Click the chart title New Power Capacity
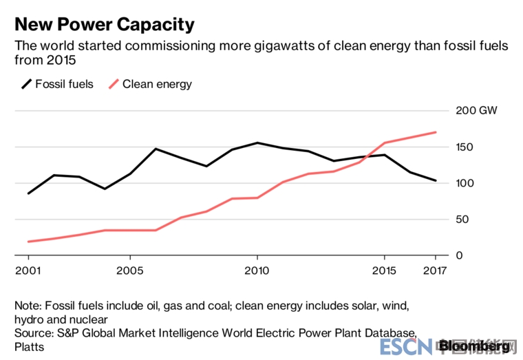[105, 25]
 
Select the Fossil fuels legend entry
[58, 84]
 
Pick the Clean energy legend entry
[150, 84]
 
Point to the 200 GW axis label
[476, 110]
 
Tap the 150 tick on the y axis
[465, 147]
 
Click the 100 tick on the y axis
[465, 183]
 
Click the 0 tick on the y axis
[459, 255]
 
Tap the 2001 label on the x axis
[28, 269]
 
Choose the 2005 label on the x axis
[129, 269]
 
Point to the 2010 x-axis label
[257, 269]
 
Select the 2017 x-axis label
[435, 269]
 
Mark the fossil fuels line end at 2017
[436, 180]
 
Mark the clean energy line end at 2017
[436, 132]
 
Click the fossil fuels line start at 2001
[28, 193]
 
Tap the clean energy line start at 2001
[28, 242]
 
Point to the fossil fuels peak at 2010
[257, 142]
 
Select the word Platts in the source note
[29, 346]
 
